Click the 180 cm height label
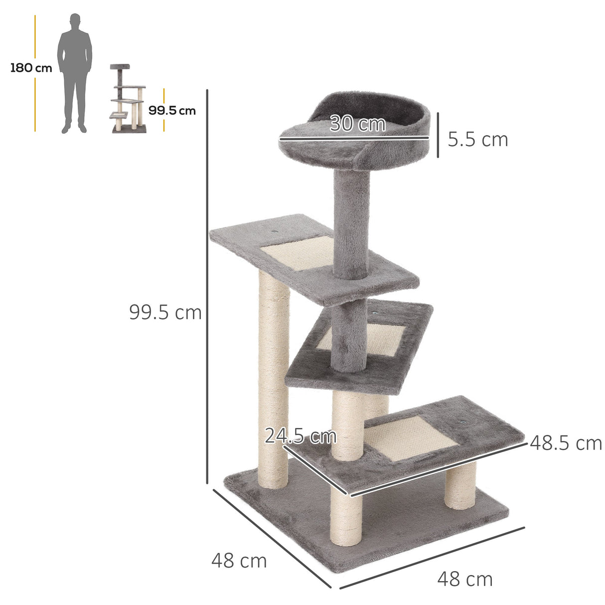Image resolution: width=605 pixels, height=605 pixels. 31,68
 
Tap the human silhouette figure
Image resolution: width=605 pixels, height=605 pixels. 75,73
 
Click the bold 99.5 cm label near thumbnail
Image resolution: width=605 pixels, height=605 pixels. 172,111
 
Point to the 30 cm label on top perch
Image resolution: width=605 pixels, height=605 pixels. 357,124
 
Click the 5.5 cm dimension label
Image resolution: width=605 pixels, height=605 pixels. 477,140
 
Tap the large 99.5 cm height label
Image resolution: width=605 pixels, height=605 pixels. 165,312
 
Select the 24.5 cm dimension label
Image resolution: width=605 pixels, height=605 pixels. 301,436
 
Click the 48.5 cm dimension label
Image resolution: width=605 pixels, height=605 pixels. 566,443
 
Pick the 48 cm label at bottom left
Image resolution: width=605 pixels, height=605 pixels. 239,561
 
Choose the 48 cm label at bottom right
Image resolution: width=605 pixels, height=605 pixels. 465,579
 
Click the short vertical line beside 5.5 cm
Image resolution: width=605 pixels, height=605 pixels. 438,135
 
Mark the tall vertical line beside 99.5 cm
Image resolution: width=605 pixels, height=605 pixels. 207,287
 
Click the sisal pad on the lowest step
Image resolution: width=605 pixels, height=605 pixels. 415,439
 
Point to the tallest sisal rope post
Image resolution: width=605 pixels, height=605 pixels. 274,379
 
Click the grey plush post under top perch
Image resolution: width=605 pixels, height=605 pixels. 352,224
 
